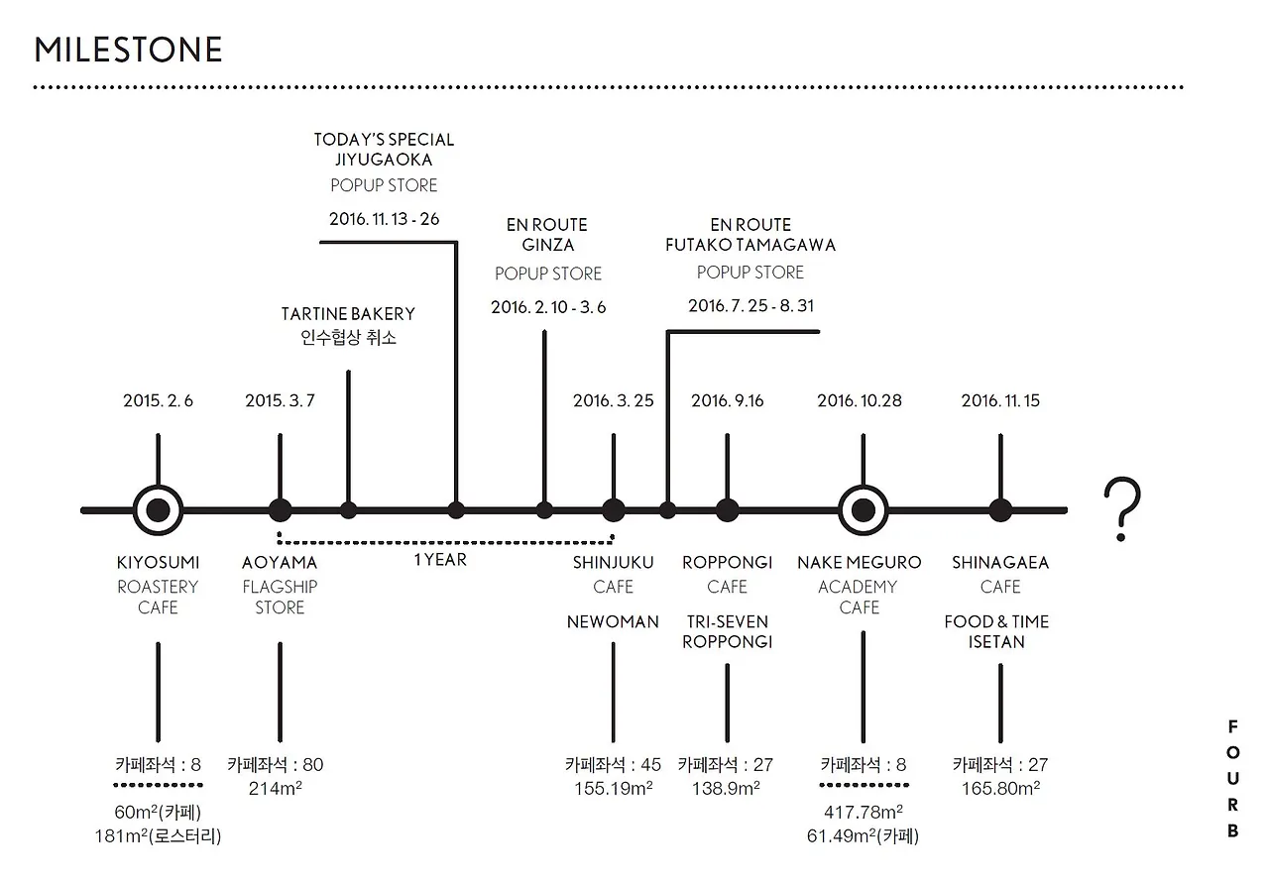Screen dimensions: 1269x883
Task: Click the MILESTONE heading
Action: [x=128, y=50]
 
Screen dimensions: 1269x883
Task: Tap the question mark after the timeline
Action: [x=1121, y=508]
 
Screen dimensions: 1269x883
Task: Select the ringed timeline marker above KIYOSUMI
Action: [x=159, y=510]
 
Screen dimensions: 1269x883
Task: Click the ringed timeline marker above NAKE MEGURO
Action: [x=863, y=510]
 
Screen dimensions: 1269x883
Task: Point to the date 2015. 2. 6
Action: [x=159, y=401]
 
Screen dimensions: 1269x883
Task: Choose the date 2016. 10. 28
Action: [x=860, y=401]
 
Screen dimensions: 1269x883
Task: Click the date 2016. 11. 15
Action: [x=1000, y=401]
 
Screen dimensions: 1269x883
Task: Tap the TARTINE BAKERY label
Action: [x=348, y=314]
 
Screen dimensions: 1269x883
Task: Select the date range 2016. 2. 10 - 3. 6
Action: [x=548, y=307]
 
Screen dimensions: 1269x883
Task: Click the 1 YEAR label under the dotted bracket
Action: [x=440, y=560]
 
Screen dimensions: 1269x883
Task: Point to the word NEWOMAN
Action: [x=613, y=622]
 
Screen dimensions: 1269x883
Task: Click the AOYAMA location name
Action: [x=280, y=563]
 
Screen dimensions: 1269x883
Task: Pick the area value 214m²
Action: [x=276, y=789]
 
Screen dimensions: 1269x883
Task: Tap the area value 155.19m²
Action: [x=613, y=789]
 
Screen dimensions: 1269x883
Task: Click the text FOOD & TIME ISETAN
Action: [x=996, y=632]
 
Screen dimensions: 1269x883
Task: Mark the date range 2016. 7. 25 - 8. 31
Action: [x=750, y=306]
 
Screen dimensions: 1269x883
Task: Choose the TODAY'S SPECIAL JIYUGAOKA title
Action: [x=385, y=150]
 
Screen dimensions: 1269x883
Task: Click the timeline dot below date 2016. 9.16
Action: [x=728, y=510]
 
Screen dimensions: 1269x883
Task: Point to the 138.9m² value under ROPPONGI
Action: [x=726, y=789]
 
